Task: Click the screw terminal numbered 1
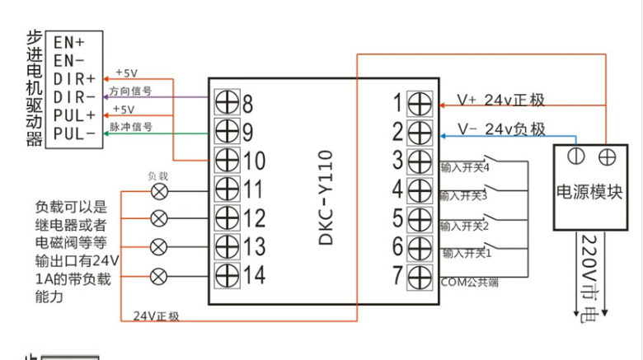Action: (420, 103)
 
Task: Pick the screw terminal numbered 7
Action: (420, 275)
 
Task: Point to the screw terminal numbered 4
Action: (420, 189)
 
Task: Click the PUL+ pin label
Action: (74, 114)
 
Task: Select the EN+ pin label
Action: (68, 41)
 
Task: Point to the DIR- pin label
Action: (74, 96)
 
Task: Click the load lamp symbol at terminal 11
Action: (158, 190)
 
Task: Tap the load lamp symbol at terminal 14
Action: (158, 275)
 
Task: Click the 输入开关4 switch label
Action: (465, 167)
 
